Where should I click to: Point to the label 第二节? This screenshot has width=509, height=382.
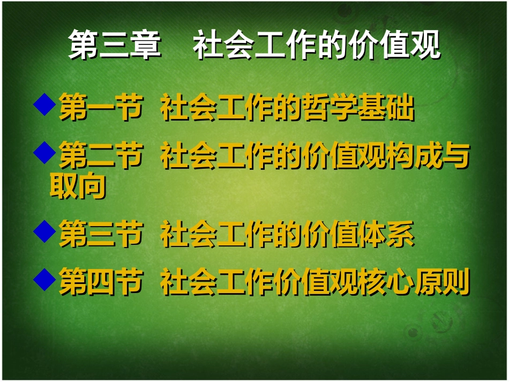click(101, 156)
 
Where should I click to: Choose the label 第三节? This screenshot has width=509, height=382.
click(101, 235)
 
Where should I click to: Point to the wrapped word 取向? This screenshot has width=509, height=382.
click(78, 186)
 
